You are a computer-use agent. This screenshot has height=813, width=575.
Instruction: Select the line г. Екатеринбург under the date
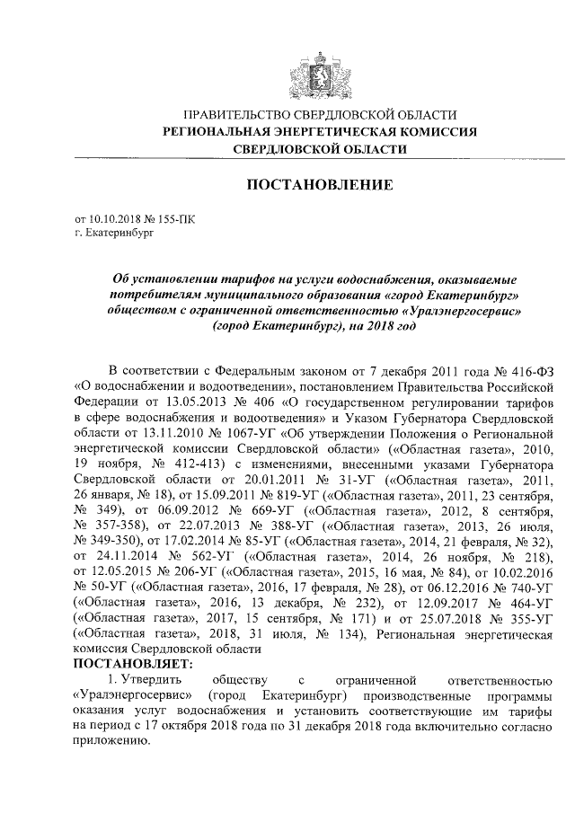[115, 232]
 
